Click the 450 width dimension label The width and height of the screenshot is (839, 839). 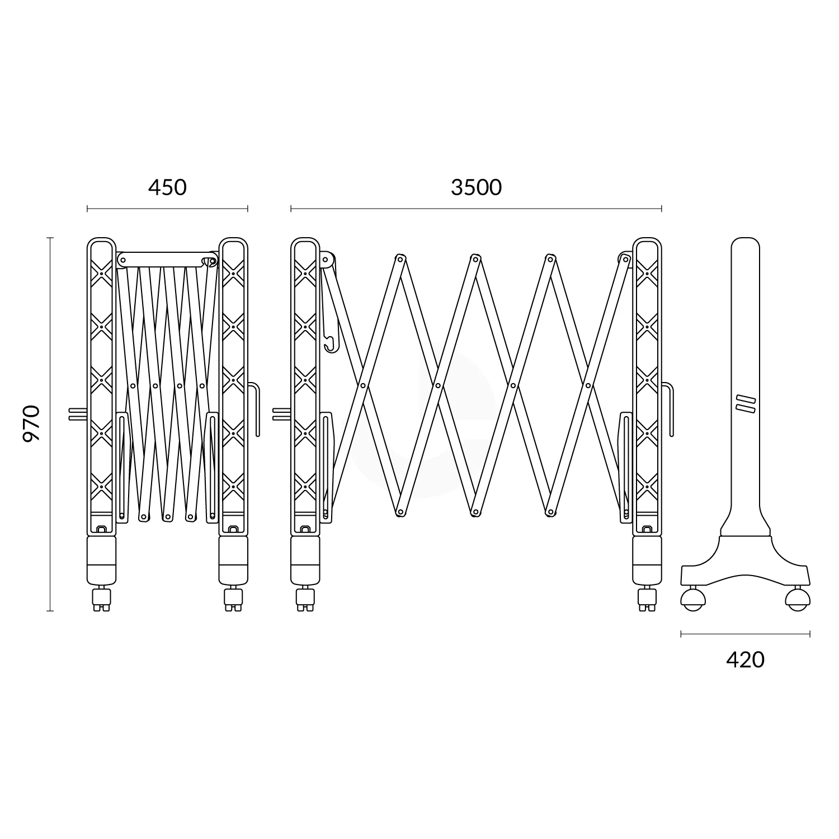167,187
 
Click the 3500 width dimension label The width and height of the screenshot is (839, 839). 476,187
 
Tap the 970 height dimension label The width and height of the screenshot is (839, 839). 31,423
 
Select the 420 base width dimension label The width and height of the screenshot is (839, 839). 745,660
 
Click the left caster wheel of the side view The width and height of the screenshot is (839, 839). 692,600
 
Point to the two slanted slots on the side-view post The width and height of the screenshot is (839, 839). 745,404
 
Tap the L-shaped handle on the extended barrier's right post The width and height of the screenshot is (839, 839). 669,408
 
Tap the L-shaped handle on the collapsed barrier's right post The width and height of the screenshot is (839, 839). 255,408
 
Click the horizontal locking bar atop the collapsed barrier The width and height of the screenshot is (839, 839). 167,260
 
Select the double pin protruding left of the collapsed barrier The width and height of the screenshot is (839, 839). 77,413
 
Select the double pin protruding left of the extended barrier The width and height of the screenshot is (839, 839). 281,413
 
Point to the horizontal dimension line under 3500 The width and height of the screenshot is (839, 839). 476,209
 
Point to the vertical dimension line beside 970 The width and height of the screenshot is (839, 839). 50,423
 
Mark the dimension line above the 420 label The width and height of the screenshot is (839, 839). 745,634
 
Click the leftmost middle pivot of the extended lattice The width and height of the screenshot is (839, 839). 363,385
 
